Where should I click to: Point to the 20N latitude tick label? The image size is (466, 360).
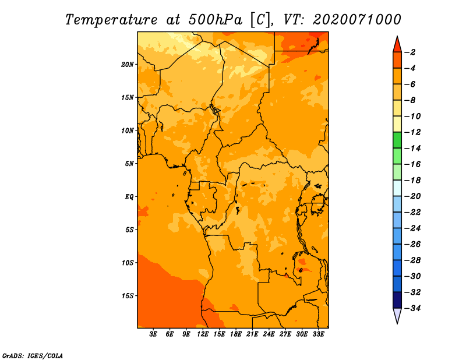(128, 64)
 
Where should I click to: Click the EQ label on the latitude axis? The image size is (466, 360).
(129, 196)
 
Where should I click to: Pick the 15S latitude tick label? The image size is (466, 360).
(128, 295)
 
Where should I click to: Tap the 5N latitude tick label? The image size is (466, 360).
(129, 163)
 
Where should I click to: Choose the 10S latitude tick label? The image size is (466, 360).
(128, 262)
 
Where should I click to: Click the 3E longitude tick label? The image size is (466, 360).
(154, 334)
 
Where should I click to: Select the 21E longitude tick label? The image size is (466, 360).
(252, 334)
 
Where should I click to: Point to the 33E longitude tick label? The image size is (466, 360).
(318, 334)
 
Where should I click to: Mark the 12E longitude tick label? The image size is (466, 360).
(203, 334)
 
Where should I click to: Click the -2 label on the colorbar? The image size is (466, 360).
(410, 52)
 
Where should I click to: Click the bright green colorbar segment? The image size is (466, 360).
(397, 140)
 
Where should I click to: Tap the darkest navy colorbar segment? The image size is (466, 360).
(397, 299)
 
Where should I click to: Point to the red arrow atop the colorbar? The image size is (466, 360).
(397, 44)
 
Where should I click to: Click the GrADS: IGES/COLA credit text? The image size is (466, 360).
(32, 355)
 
